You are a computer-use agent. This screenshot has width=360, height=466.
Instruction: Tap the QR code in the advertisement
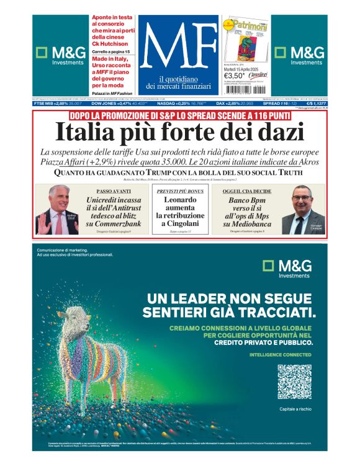click(294, 382)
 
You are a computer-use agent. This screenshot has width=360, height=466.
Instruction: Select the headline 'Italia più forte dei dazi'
click(180, 133)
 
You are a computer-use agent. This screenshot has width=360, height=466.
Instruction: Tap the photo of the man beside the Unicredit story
click(59, 210)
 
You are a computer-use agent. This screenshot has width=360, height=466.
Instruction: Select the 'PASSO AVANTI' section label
click(116, 191)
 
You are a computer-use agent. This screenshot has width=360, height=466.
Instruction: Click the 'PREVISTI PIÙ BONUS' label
click(180, 191)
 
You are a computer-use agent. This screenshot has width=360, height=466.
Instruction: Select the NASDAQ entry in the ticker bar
click(171, 103)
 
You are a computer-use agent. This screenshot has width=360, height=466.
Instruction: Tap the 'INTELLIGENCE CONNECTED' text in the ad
click(280, 354)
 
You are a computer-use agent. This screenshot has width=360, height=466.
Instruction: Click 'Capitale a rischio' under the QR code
click(294, 409)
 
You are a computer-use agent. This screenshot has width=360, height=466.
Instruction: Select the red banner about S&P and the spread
click(180, 115)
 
